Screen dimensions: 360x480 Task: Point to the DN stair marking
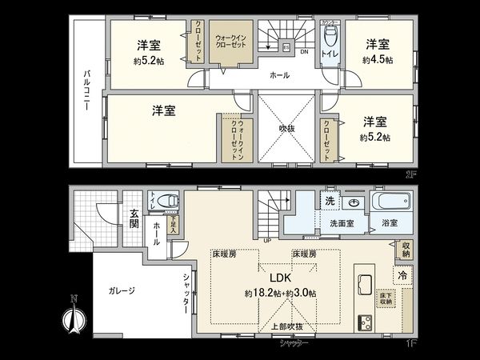(x=304, y=52)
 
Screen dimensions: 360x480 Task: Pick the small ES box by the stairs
(x=286, y=46)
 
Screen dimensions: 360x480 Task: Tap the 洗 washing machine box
(x=330, y=199)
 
